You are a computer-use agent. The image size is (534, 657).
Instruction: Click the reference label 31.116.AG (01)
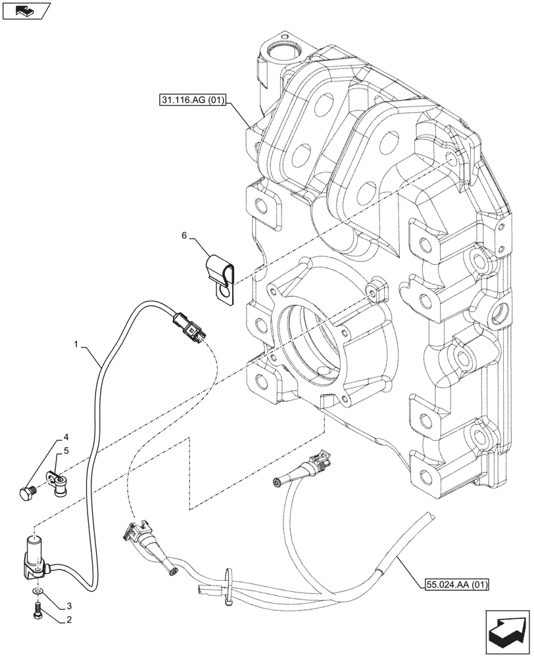pos(192,101)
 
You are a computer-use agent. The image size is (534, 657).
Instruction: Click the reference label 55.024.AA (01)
pos(450,583)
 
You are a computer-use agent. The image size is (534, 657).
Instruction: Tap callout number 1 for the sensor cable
pos(77,344)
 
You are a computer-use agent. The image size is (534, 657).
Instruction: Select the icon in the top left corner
pos(26,10)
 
